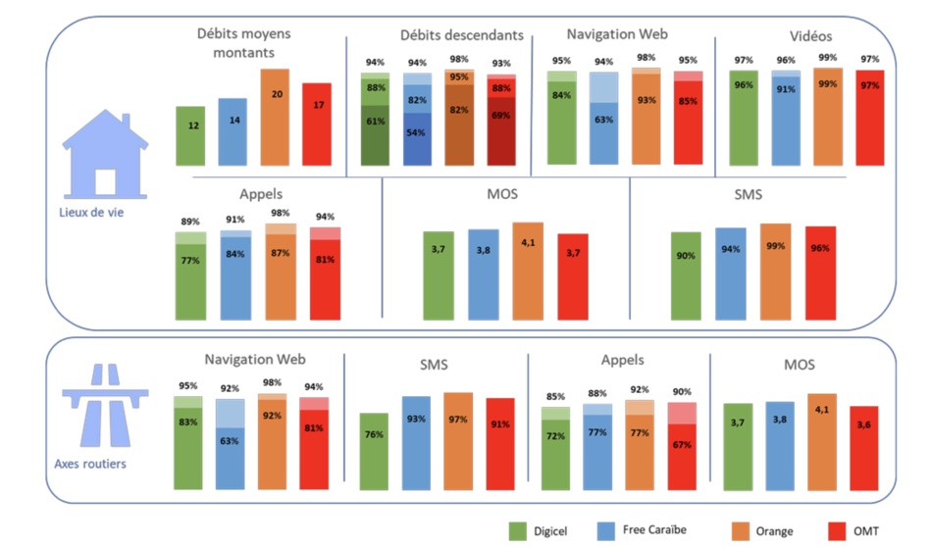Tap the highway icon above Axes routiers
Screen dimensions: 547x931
click(105, 405)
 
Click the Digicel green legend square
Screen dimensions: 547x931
click(518, 531)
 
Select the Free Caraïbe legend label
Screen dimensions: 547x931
click(654, 530)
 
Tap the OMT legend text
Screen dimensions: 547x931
click(866, 531)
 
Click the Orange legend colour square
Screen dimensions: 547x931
click(735, 531)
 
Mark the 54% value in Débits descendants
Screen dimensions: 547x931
click(417, 132)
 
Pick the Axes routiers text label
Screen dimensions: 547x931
click(91, 463)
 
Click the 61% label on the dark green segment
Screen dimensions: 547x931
click(374, 122)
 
